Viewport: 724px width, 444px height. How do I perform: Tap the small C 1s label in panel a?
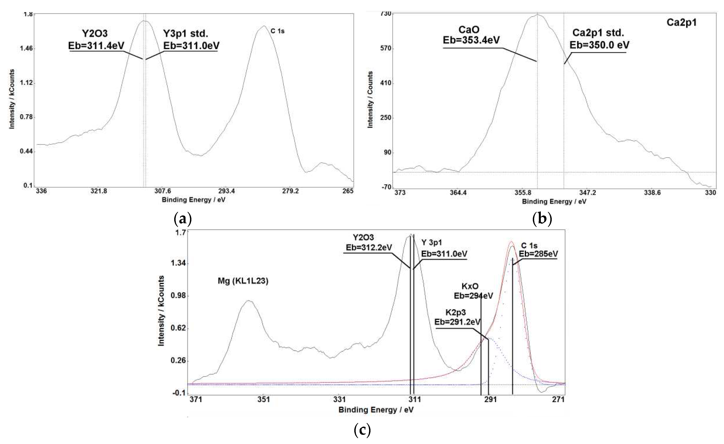(277, 31)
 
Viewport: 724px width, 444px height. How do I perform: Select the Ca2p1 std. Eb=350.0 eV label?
(599, 39)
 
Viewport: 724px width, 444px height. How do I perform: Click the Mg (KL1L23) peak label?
(243, 281)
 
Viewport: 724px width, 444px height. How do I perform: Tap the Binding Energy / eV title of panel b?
(554, 202)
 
